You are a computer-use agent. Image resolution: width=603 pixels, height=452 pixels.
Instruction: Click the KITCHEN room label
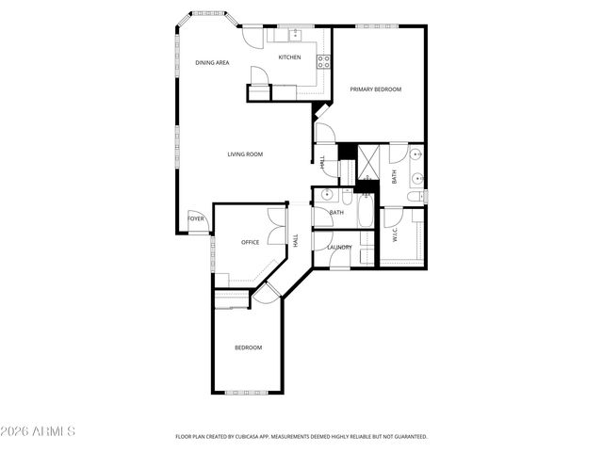click(x=289, y=57)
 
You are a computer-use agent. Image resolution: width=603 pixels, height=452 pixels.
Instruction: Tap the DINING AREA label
click(x=212, y=63)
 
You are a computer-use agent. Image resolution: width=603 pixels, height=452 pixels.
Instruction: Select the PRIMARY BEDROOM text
click(x=375, y=89)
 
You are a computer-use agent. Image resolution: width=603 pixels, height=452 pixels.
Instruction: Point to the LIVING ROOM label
click(x=244, y=154)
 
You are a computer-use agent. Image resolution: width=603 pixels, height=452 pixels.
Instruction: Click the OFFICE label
click(x=250, y=242)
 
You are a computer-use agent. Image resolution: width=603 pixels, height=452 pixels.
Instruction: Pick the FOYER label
click(x=195, y=218)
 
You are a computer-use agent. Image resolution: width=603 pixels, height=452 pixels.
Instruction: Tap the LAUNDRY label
click(x=339, y=248)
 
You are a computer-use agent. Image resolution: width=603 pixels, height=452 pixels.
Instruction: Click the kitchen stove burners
click(x=323, y=62)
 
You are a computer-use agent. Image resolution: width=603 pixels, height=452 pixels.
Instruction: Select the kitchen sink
click(x=295, y=34)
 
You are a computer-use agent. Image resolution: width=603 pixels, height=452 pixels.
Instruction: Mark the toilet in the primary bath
click(x=415, y=197)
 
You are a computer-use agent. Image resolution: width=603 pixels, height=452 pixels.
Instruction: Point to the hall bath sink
click(x=326, y=195)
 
